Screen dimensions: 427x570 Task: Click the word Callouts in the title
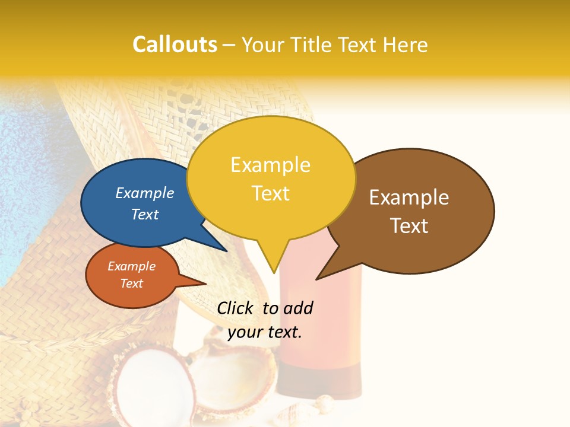coord(175,44)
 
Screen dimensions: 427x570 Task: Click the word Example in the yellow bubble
coord(270,165)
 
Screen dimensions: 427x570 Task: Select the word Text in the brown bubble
coord(409,226)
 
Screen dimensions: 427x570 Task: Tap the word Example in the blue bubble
coord(144,193)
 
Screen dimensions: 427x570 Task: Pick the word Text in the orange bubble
coord(131,283)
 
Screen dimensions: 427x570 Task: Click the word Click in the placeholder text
coord(237,308)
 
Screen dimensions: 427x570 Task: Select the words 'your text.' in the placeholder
coord(265,332)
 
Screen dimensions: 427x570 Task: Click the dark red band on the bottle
coord(321,380)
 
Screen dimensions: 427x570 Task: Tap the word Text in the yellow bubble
coord(271,193)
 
